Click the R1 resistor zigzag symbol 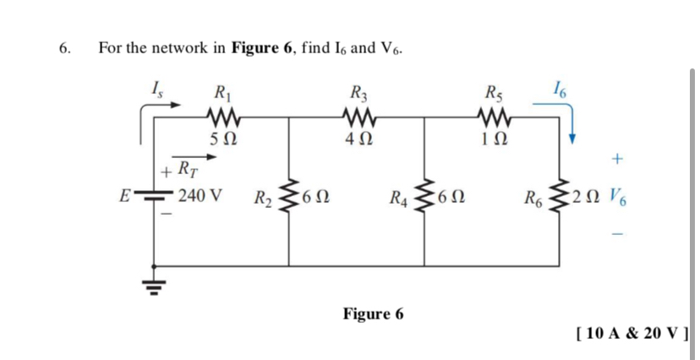click(221, 115)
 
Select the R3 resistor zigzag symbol click(356, 115)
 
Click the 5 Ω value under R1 click(221, 139)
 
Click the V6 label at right click(618, 200)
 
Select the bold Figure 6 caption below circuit click(373, 314)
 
